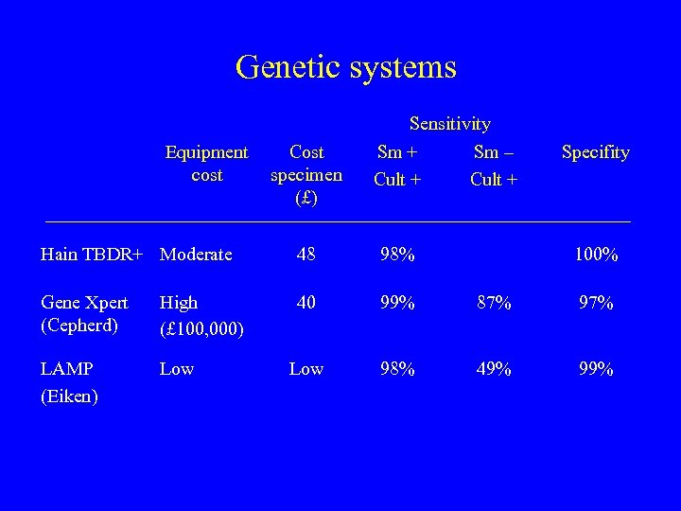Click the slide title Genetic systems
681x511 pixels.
(345, 67)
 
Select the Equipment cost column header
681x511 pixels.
(206, 164)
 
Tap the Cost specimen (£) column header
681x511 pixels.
(306, 175)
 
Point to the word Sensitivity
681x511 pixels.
(449, 124)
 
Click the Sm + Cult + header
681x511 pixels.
(397, 165)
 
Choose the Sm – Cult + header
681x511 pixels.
(494, 165)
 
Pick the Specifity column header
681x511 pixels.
(595, 152)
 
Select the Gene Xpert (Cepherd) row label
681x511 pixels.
(84, 314)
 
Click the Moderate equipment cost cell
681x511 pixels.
(196, 255)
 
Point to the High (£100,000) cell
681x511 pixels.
(202, 315)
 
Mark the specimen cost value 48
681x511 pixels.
(306, 255)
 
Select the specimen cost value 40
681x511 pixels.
(306, 303)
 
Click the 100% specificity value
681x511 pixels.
(597, 255)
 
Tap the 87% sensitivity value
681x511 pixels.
(494, 303)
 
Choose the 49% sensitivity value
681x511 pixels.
(494, 369)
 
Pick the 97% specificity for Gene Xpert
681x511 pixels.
(597, 303)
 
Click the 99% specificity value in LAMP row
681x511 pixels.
(597, 369)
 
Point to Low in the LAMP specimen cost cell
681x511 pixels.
(306, 369)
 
